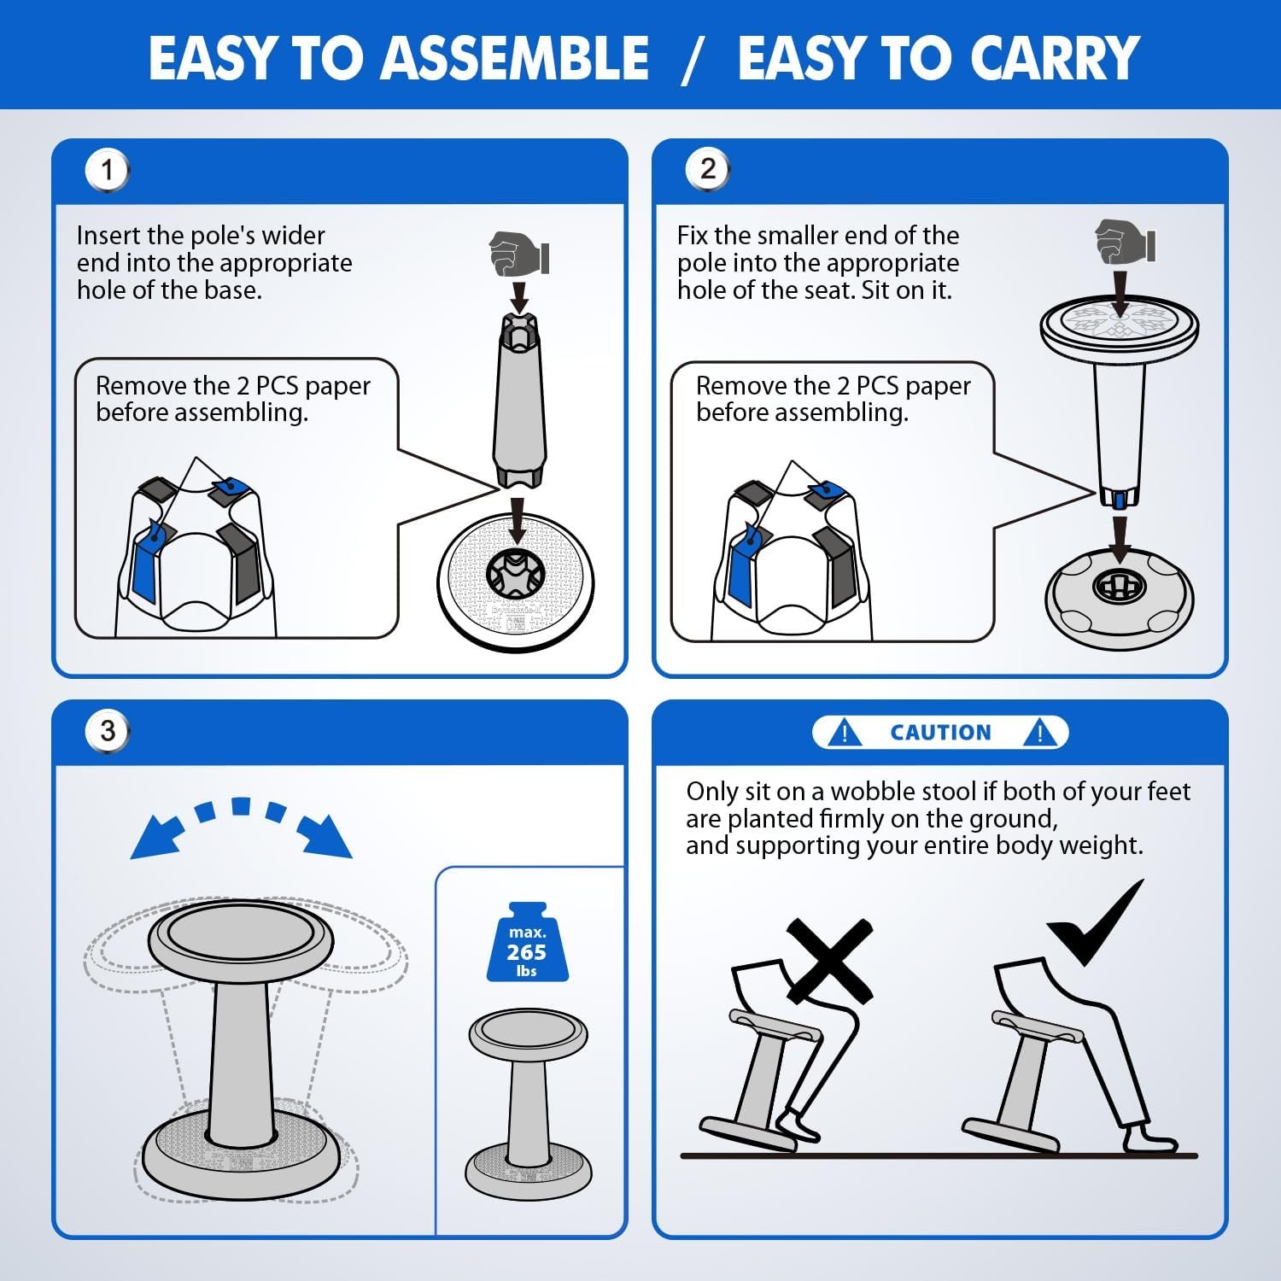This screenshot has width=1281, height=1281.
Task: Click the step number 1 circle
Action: (x=107, y=170)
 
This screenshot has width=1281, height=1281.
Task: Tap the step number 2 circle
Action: (x=707, y=169)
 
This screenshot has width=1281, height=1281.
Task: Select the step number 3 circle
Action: (x=107, y=731)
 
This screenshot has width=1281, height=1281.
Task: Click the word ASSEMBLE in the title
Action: (x=515, y=57)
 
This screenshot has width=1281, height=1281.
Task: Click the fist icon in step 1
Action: (x=519, y=254)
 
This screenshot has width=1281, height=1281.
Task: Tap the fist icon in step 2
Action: (x=1126, y=242)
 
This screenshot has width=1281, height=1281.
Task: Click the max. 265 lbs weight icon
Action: (x=526, y=941)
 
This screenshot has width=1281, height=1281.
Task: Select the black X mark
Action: (x=829, y=961)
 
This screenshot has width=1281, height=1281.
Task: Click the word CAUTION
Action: (x=940, y=733)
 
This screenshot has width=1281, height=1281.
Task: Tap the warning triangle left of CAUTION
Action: (x=845, y=732)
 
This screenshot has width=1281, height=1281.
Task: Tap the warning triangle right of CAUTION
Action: (x=1039, y=732)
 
